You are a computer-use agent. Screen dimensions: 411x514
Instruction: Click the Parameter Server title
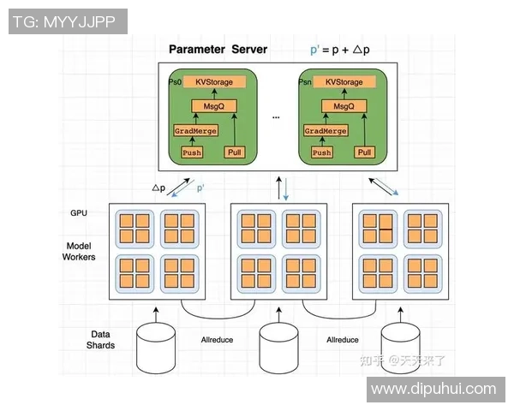pyautogui.click(x=218, y=49)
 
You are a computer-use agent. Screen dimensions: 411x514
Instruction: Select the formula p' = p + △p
pyautogui.click(x=340, y=50)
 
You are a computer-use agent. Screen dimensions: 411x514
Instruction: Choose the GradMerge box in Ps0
pyautogui.click(x=195, y=131)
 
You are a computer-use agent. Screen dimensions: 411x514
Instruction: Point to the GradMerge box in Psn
pyautogui.click(x=326, y=131)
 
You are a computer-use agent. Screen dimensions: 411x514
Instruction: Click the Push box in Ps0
pyautogui.click(x=192, y=152)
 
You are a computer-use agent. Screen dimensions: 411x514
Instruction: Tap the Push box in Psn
pyautogui.click(x=321, y=152)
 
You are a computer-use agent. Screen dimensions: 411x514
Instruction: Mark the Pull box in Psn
pyautogui.click(x=365, y=152)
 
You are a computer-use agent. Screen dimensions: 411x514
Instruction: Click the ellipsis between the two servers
pyautogui.click(x=277, y=116)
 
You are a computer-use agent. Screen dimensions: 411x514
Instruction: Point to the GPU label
pyautogui.click(x=79, y=212)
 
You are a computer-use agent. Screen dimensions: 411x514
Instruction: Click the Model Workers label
pyautogui.click(x=79, y=251)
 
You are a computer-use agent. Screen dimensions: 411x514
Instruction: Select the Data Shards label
pyautogui.click(x=100, y=339)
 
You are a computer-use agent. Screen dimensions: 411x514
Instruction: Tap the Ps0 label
pyautogui.click(x=175, y=81)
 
